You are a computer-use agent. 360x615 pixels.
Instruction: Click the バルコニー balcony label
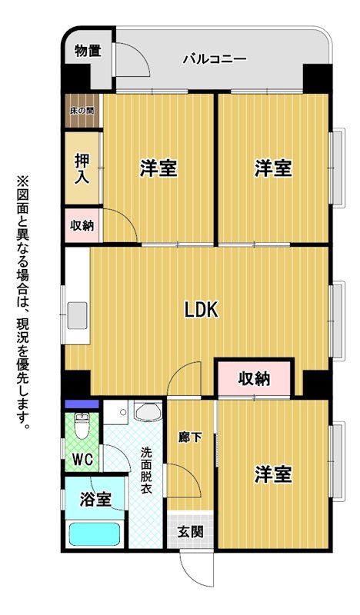(215, 60)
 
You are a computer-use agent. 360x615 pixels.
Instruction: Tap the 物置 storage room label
(88, 51)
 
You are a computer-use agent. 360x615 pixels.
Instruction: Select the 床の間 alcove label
(82, 111)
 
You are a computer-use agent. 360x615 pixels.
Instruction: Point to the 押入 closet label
(82, 169)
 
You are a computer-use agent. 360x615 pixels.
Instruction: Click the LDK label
(201, 311)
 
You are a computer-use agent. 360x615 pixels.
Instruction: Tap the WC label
(83, 459)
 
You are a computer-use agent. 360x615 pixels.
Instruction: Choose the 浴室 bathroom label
(95, 499)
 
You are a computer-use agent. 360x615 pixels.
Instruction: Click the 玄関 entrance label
(191, 531)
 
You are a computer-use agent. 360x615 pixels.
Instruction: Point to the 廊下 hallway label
(191, 437)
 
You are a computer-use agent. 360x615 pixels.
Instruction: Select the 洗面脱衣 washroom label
(146, 470)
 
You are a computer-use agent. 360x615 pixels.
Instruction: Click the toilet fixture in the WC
(82, 426)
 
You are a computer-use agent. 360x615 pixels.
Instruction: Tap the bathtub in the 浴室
(94, 534)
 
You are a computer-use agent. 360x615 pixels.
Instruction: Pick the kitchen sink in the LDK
(77, 315)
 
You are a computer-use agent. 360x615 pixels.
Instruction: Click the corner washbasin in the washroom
(148, 411)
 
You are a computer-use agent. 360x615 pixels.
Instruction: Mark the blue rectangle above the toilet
(82, 404)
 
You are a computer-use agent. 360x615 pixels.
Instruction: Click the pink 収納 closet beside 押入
(82, 225)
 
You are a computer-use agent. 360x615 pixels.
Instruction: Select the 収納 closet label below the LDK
(254, 379)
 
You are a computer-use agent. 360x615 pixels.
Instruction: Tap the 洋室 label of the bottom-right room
(273, 474)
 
